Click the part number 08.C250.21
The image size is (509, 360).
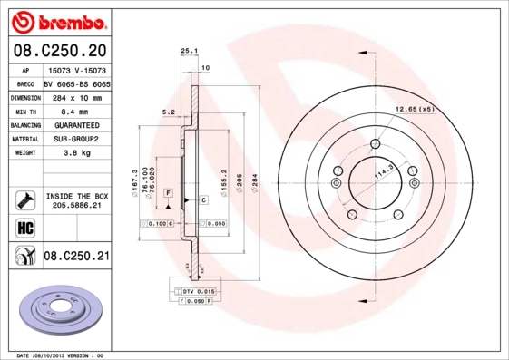(76, 257)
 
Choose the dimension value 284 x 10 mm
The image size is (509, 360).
(76, 96)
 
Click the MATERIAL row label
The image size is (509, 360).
(24, 140)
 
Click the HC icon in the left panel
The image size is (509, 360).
(24, 226)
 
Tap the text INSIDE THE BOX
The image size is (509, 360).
(76, 196)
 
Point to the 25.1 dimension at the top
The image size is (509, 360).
(189, 51)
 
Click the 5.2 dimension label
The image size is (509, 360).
(168, 113)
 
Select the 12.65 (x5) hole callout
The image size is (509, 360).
(414, 110)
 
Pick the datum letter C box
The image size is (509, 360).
(203, 199)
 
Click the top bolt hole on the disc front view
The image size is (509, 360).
(375, 144)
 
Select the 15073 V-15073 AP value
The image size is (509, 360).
(76, 68)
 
